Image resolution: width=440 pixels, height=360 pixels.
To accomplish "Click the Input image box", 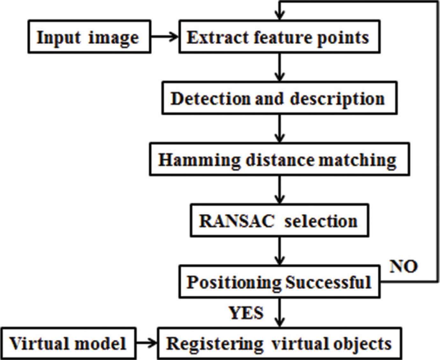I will (x=89, y=37).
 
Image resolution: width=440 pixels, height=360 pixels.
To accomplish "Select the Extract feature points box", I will (x=279, y=37).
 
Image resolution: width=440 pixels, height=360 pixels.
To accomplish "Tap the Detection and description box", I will (x=279, y=98).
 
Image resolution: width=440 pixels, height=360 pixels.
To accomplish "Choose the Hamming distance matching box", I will (x=279, y=159).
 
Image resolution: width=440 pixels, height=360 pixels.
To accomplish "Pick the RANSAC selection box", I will (x=279, y=220).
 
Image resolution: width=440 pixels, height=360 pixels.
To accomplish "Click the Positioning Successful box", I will (x=279, y=282).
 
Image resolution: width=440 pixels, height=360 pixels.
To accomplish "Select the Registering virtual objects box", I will (x=279, y=343).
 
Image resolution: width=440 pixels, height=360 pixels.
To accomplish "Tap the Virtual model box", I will (x=68, y=343).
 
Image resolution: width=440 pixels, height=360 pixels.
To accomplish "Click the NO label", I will (x=403, y=266).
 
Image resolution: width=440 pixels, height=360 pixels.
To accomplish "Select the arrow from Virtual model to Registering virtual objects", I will (x=147, y=343).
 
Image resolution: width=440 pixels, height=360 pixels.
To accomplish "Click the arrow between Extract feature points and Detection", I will (x=280, y=67).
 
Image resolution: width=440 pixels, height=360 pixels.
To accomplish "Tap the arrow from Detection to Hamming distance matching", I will (x=280, y=129).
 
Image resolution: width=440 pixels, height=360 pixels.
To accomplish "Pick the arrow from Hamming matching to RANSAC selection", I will (x=280, y=190).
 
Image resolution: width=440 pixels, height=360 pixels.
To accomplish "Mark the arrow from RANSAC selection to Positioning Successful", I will (x=280, y=251).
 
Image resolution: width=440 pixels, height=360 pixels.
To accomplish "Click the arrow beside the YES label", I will (x=280, y=312).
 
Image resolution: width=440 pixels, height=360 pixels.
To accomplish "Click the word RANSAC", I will (x=237, y=221).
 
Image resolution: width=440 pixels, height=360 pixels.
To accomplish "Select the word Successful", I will (x=328, y=282).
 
